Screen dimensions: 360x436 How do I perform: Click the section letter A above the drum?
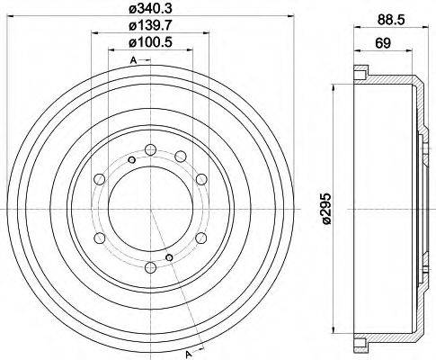133,60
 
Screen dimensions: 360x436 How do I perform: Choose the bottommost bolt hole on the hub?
147,266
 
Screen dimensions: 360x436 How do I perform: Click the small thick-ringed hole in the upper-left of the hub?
131,161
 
